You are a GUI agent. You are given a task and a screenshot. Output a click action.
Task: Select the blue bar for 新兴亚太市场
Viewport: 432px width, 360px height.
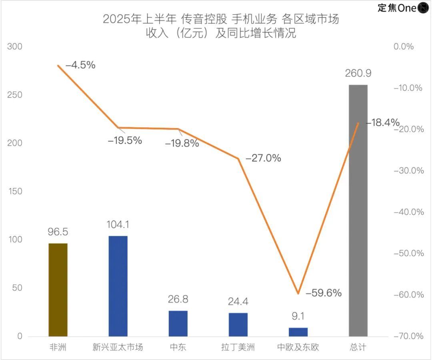point(118,286)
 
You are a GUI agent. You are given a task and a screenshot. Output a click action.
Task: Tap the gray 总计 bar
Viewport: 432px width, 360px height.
point(358,210)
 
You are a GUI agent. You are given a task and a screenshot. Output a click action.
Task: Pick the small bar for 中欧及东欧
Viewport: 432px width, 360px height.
point(298,332)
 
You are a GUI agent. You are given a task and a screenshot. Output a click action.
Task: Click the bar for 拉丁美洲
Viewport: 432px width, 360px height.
point(238,324)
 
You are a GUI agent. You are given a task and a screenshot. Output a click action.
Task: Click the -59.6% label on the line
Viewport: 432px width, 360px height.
point(323,293)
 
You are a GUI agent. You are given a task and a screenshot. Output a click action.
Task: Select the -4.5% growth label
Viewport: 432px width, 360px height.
point(80,65)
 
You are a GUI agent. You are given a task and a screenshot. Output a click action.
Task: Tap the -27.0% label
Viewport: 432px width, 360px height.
point(263,158)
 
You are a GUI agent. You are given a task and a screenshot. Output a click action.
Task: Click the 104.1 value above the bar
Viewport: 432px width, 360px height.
point(118,225)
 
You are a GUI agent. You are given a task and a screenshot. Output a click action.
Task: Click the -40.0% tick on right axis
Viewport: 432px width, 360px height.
point(408,212)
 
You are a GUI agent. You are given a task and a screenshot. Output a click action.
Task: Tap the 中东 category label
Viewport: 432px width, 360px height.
point(178,347)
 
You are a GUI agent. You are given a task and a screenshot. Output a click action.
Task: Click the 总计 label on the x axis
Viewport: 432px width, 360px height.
point(358,347)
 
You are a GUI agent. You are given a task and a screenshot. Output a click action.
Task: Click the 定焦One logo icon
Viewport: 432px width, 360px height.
point(423,8)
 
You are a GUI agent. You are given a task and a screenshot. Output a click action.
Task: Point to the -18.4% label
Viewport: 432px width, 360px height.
point(382,123)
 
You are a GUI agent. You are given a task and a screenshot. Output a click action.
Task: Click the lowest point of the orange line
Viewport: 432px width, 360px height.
point(298,294)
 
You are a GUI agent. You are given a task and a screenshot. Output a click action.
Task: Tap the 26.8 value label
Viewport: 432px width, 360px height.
point(178,300)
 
